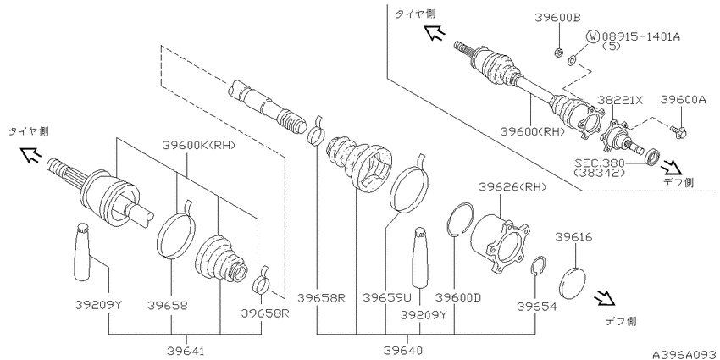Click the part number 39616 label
[x=573, y=239]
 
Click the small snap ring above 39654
[x=535, y=267]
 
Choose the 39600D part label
[x=457, y=298]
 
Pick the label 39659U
[x=387, y=298]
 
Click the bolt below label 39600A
[x=679, y=130]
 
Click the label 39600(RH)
[x=531, y=131]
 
